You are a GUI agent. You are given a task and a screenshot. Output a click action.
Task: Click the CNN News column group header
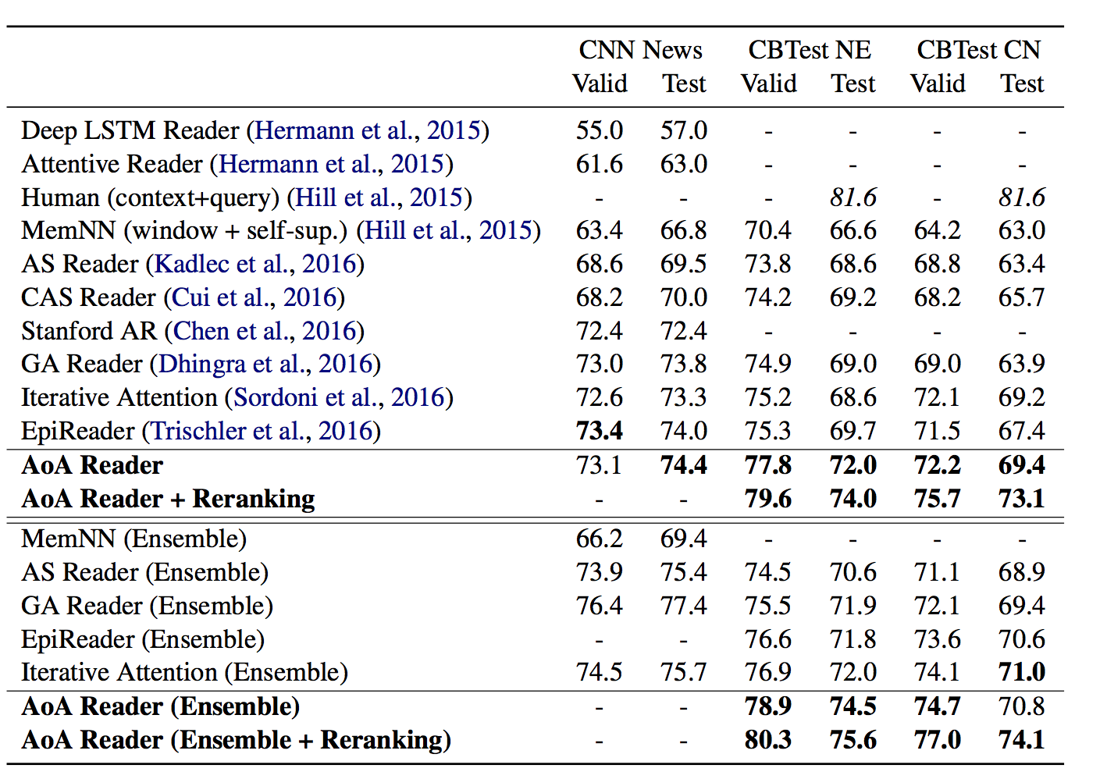(640, 50)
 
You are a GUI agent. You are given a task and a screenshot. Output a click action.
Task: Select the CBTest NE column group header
(810, 50)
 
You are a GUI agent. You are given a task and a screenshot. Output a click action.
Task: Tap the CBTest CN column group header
(978, 50)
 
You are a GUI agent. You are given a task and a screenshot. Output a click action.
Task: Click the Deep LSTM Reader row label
(130, 131)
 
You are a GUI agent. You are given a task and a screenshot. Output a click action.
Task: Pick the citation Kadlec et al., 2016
(255, 264)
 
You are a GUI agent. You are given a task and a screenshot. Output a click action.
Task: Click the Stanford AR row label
(89, 330)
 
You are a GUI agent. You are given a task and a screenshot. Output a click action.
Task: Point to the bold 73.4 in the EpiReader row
(599, 430)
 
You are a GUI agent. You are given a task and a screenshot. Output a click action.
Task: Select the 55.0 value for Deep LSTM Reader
(599, 130)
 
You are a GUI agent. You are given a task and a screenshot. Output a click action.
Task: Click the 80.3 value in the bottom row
(768, 739)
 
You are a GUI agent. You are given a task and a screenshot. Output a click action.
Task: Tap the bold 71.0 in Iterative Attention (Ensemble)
(1021, 672)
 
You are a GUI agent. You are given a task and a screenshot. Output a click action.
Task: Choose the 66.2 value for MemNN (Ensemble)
(599, 539)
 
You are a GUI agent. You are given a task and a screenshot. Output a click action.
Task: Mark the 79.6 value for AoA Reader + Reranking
(768, 498)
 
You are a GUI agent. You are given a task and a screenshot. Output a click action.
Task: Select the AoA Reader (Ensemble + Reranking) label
(237, 740)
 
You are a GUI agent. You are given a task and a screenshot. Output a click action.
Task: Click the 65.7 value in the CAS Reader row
(1021, 297)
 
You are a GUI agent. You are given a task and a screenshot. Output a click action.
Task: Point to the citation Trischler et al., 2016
(261, 431)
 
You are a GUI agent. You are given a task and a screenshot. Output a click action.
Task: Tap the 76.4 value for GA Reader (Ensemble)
(599, 606)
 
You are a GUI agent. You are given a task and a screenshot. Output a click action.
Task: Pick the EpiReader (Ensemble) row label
(143, 639)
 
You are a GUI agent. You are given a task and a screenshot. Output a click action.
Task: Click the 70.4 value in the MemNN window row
(768, 231)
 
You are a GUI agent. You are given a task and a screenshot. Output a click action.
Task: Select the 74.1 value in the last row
(1021, 739)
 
